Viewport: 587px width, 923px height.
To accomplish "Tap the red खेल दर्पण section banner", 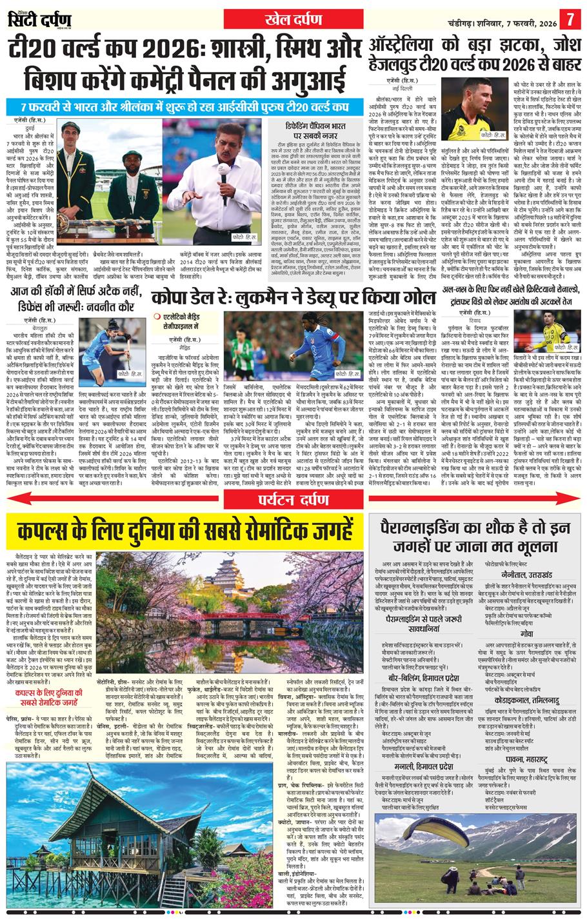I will (x=293, y=19).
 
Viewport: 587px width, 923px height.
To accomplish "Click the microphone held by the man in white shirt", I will (x=224, y=169).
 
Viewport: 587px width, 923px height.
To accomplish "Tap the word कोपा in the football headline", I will (x=172, y=299).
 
